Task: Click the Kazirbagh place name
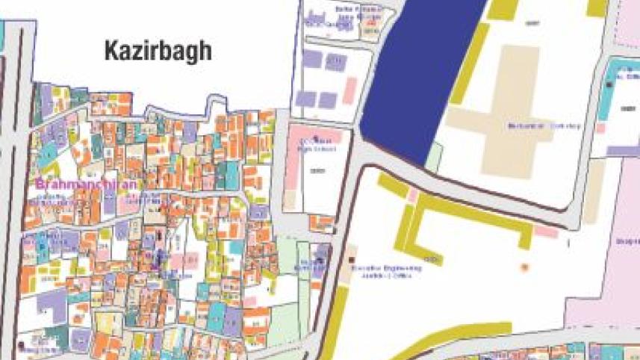coord(158,52)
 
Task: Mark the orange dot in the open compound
coord(524,266)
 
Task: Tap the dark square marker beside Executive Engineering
coord(353,260)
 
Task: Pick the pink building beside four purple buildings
coord(349,90)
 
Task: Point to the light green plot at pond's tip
coord(433,156)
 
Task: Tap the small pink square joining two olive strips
coord(413,196)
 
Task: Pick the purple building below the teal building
coord(624,150)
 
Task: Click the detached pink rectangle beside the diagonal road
coord(546,232)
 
